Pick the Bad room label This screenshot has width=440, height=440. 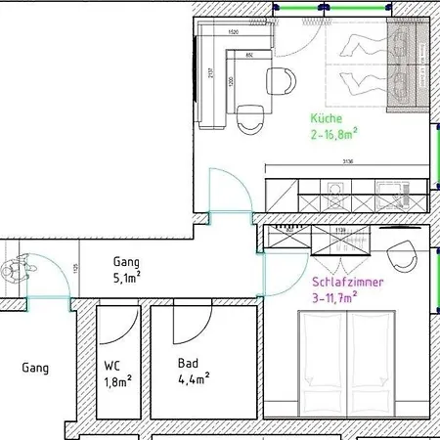[x=188, y=363]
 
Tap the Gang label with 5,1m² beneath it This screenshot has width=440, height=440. [x=126, y=262]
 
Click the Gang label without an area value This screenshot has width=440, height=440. [x=35, y=369]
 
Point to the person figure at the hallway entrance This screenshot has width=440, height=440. [x=17, y=267]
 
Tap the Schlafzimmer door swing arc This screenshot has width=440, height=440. [x=277, y=256]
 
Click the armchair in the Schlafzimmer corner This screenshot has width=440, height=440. [x=402, y=257]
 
